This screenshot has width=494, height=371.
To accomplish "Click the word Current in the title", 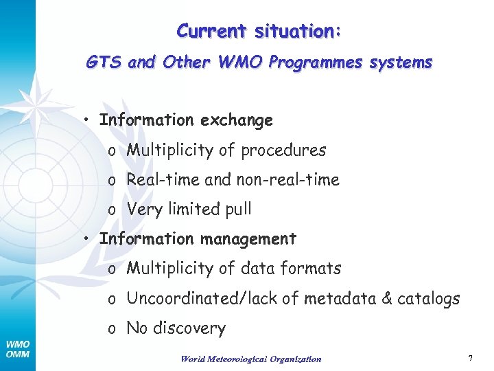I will (212, 31).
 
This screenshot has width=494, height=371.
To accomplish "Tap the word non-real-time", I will (287, 180).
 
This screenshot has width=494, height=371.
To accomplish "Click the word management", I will (248, 239).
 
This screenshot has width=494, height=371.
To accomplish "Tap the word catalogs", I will (432, 299).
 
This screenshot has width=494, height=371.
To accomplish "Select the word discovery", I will (189, 328).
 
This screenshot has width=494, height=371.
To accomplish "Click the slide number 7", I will (470, 358).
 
